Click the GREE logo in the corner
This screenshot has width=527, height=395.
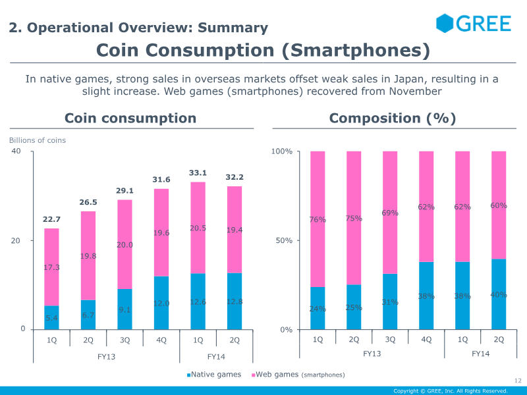(x=474, y=24)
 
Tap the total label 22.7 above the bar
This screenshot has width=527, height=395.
(x=52, y=219)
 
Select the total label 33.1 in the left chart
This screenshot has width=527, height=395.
(x=198, y=173)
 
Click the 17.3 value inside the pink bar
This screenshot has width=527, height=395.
(x=52, y=268)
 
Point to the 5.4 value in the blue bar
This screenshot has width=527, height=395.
(x=52, y=319)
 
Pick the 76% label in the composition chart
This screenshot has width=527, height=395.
(x=318, y=220)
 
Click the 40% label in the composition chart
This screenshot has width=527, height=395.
(x=499, y=295)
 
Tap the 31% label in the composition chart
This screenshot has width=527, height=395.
(x=390, y=302)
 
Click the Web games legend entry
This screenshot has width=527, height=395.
(x=299, y=375)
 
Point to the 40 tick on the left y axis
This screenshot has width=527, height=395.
(x=16, y=151)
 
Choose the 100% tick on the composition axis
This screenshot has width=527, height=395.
(x=281, y=152)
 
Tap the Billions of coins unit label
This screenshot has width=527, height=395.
(x=38, y=140)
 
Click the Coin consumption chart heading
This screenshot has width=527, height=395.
(x=130, y=118)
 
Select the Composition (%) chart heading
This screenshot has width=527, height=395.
(x=393, y=118)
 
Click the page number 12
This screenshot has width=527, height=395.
(x=517, y=381)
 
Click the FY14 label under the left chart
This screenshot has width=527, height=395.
(x=216, y=356)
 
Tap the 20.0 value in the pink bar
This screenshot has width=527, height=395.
(x=125, y=245)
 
